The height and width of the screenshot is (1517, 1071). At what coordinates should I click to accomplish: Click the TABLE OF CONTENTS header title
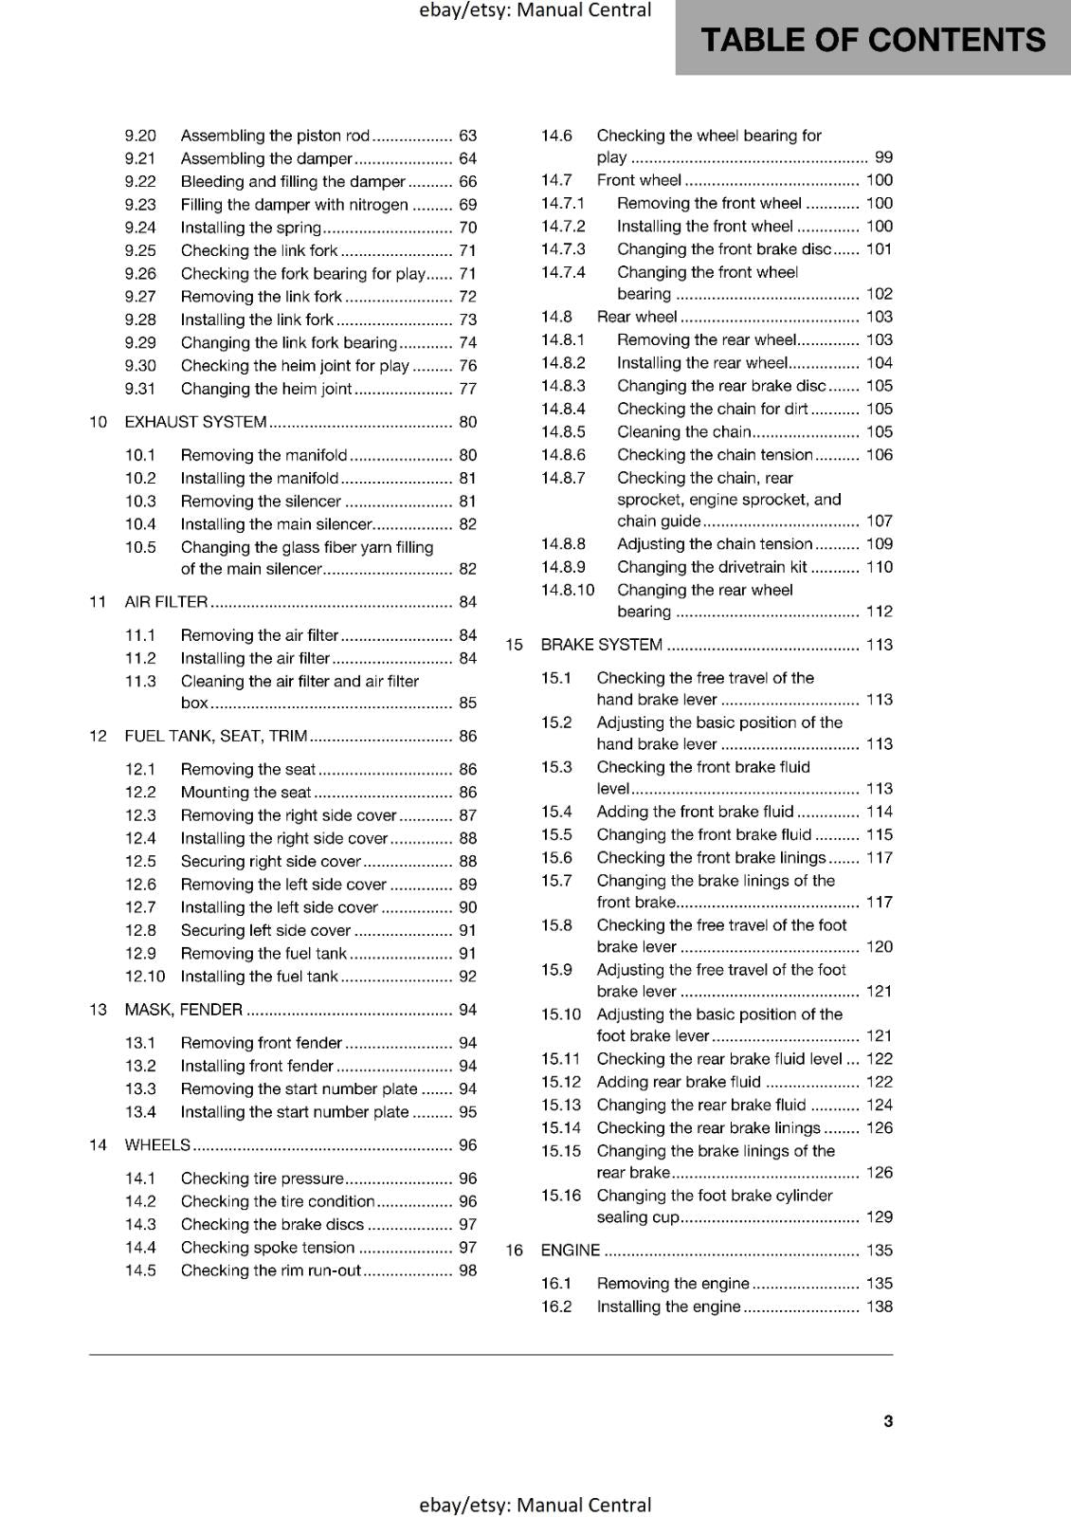[x=872, y=40]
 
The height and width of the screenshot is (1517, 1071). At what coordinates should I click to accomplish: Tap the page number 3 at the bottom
[x=888, y=1420]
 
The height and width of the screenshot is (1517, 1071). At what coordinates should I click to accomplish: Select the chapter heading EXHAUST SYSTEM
[x=195, y=422]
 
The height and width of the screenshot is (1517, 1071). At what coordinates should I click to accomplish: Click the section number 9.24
[x=140, y=228]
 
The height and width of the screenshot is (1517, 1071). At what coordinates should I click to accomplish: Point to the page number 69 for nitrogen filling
[x=467, y=205]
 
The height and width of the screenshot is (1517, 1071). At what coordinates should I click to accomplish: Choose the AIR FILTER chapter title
[x=166, y=602]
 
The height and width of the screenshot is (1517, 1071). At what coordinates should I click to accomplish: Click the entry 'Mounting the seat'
[x=245, y=793]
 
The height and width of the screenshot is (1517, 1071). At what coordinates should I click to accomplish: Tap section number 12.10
[x=144, y=977]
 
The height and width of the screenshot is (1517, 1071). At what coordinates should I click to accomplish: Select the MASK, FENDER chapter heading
[x=183, y=1010]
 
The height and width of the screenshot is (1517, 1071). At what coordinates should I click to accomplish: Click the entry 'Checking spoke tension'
[x=267, y=1248]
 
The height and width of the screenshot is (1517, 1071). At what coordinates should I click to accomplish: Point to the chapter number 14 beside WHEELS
[x=98, y=1145]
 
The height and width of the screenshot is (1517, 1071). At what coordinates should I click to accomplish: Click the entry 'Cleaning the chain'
[x=683, y=432]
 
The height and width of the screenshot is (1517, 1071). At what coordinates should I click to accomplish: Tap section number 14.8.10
[x=568, y=590]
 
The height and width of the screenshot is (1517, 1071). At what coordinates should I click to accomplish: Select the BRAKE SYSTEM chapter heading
[x=601, y=645]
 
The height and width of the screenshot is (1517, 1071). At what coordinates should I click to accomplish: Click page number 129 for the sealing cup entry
[x=879, y=1217]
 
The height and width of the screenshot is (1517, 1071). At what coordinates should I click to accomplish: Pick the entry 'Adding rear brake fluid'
[x=679, y=1082]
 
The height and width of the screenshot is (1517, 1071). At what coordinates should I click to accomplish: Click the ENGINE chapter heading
[x=570, y=1251]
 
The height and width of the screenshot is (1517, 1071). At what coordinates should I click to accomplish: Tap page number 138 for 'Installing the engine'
[x=879, y=1307]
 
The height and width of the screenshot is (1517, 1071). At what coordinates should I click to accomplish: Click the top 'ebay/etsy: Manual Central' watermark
[x=535, y=10]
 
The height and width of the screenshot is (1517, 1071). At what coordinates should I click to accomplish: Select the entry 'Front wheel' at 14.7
[x=639, y=180]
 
